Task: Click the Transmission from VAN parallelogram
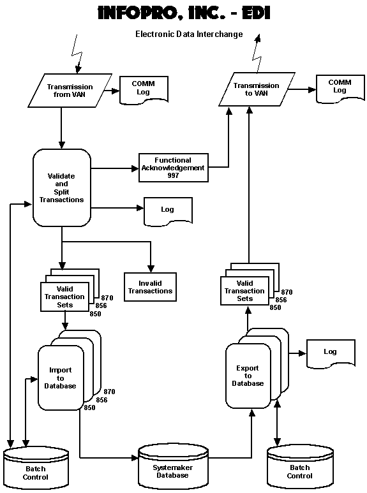[x=70, y=91]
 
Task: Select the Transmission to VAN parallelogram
[x=257, y=89]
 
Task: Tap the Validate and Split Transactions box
[x=62, y=188]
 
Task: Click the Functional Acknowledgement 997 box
[x=174, y=168]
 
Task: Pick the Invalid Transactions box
[x=150, y=287]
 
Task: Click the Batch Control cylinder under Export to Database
[x=300, y=467]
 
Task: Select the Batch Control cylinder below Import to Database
[x=36, y=468]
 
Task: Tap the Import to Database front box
[x=61, y=378]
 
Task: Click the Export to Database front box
[x=248, y=376]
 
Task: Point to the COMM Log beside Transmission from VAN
[x=144, y=90]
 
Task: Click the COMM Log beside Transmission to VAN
[x=340, y=89]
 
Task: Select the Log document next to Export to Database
[x=331, y=354]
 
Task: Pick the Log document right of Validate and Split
[x=168, y=212]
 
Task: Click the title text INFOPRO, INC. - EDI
[x=184, y=13]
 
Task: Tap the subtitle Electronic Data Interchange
[x=189, y=34]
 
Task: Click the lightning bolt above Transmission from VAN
[x=77, y=54]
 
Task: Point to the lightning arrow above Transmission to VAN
[x=257, y=54]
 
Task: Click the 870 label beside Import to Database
[x=110, y=392]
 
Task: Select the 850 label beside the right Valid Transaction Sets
[x=275, y=307]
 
